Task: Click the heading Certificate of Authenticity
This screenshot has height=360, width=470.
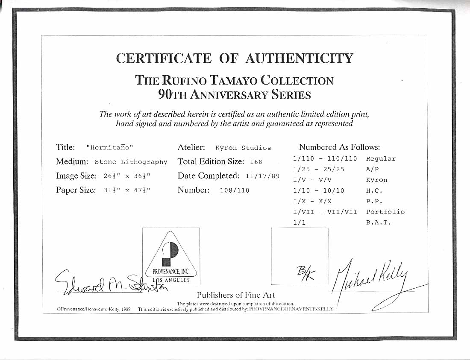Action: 235,58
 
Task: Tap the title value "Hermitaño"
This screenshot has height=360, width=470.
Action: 110,148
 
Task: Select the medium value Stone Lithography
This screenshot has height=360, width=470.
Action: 131,162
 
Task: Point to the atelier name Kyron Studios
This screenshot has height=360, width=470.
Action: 243,148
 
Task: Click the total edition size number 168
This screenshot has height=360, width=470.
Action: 256,162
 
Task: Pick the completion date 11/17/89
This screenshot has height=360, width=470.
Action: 262,176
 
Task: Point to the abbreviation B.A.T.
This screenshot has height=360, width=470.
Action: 379,222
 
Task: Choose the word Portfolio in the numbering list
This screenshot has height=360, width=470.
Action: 385,212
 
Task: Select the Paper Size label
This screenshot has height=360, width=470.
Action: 76,190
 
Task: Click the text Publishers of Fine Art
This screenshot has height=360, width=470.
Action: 236,295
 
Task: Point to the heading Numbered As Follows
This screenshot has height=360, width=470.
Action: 339,147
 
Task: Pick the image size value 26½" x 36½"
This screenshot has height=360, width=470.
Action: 127,176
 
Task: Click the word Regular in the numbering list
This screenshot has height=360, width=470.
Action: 381,158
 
